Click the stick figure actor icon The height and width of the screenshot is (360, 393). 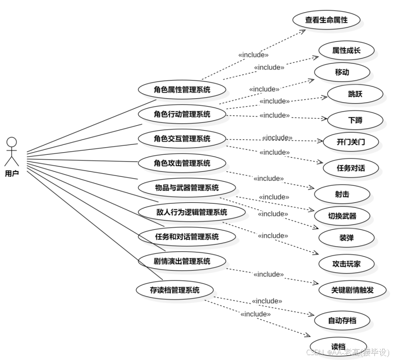click(x=12, y=151)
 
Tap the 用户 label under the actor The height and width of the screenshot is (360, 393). click(x=12, y=173)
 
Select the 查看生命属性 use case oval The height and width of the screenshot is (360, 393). click(x=326, y=20)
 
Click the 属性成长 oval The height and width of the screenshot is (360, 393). click(x=346, y=50)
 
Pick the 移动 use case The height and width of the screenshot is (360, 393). click(x=342, y=72)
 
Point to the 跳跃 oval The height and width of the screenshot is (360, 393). click(x=355, y=94)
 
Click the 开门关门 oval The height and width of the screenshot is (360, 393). click(x=351, y=142)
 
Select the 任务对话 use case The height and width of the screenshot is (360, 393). click(x=351, y=168)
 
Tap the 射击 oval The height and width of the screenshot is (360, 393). click(x=342, y=194)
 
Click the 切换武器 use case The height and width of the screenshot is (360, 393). click(x=342, y=216)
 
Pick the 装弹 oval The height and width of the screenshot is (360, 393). click(x=346, y=238)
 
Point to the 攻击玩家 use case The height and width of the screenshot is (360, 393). click(x=346, y=264)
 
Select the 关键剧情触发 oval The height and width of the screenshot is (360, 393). click(x=352, y=290)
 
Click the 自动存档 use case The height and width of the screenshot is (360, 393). click(x=342, y=321)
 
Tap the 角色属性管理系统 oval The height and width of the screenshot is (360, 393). click(x=182, y=89)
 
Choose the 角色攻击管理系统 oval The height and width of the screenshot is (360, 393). click(x=182, y=163)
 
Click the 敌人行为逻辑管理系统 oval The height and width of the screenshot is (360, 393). click(x=191, y=212)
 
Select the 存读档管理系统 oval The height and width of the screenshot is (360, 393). click(x=175, y=290)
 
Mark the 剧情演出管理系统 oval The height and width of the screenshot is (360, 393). click(x=182, y=261)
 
